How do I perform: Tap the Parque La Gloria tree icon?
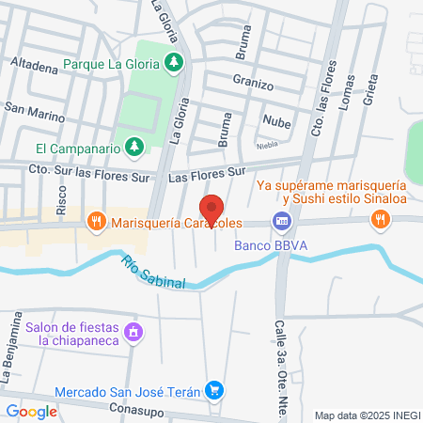(x=173, y=63)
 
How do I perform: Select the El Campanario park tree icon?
(x=135, y=147)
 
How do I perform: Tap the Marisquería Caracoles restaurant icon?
(x=95, y=222)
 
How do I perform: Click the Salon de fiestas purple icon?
(x=133, y=332)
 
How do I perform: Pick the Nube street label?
(x=276, y=121)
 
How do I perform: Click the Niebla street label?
(x=268, y=146)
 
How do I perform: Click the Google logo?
(x=32, y=411)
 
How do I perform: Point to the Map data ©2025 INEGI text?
(x=367, y=415)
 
